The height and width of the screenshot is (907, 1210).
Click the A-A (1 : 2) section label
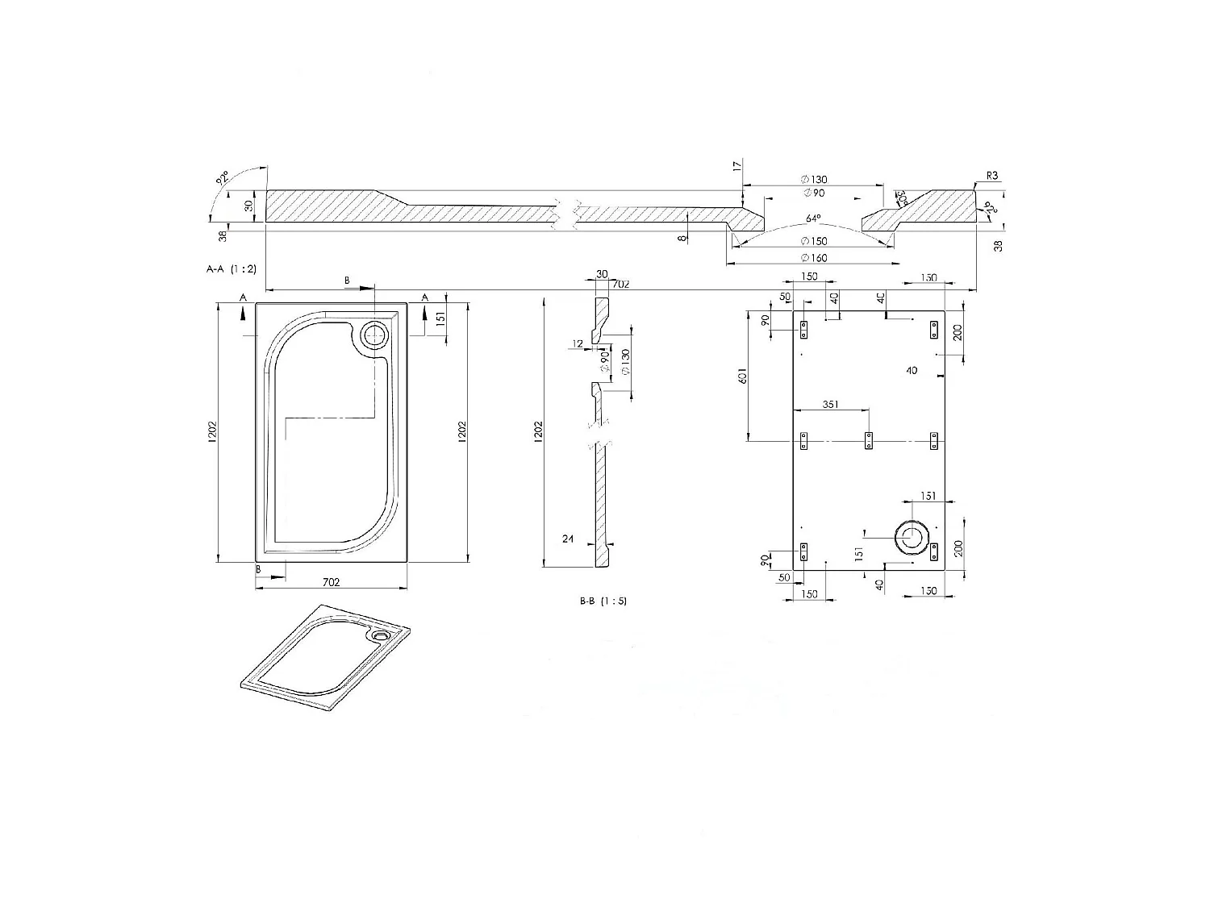232,268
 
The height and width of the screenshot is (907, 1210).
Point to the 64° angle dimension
813,218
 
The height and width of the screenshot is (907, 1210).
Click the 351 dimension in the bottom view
832,405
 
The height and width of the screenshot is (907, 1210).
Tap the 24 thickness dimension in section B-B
567,539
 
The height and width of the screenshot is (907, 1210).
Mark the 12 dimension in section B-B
578,344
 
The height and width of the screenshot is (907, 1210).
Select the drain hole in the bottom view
912,538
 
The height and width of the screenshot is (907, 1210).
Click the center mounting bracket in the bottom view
869,440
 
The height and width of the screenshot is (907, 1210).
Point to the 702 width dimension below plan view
331,581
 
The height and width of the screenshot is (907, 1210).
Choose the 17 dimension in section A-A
736,166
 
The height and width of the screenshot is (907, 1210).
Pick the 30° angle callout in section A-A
900,198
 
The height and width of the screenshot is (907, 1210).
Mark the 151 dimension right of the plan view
440,318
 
